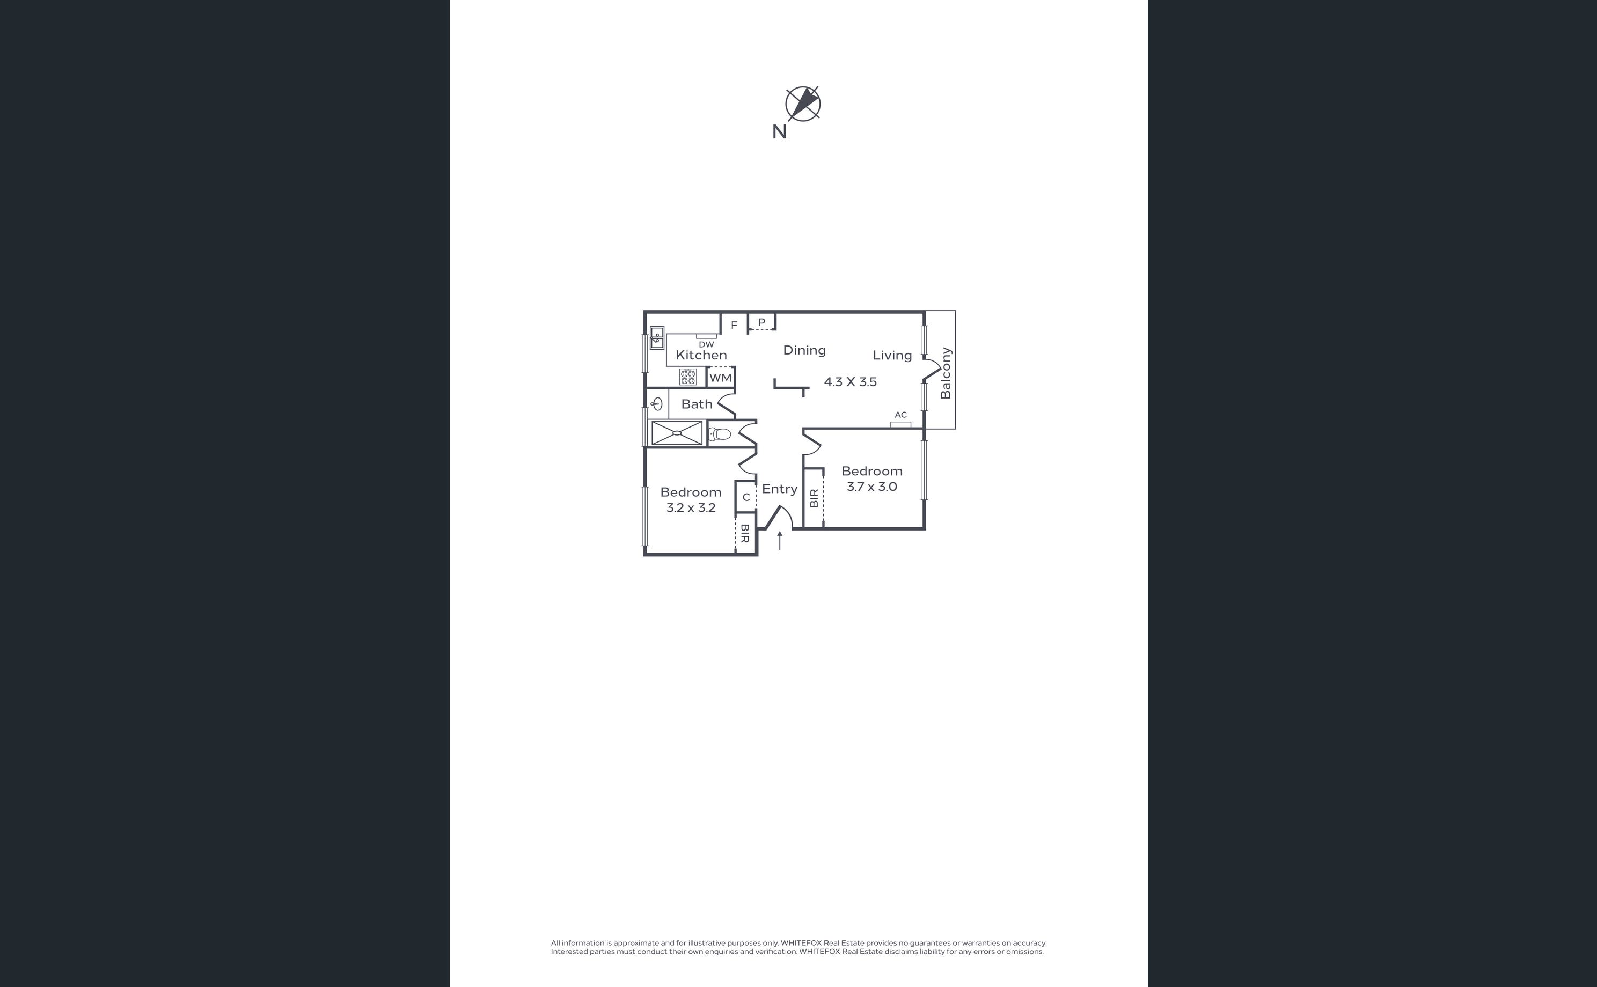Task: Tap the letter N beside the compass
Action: [x=779, y=132]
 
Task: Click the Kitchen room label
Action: [x=701, y=355]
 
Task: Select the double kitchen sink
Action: [x=657, y=338]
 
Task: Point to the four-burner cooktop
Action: [x=688, y=377]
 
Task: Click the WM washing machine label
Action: [x=721, y=378]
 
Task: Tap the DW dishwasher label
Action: [x=706, y=344]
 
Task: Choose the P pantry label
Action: [x=761, y=322]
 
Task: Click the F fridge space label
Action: [x=734, y=325]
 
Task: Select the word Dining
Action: [x=804, y=350]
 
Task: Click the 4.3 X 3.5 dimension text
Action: [x=850, y=382]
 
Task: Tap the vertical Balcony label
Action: [x=946, y=373]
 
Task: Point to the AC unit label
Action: [x=901, y=415]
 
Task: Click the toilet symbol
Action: [x=719, y=434]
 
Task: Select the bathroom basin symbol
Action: [x=657, y=404]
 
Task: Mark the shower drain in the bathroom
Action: [x=677, y=433]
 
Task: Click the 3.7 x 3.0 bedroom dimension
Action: [x=871, y=487]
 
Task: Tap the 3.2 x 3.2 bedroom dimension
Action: [x=691, y=508]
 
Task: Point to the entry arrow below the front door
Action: [x=780, y=541]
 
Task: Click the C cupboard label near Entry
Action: [x=746, y=497]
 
